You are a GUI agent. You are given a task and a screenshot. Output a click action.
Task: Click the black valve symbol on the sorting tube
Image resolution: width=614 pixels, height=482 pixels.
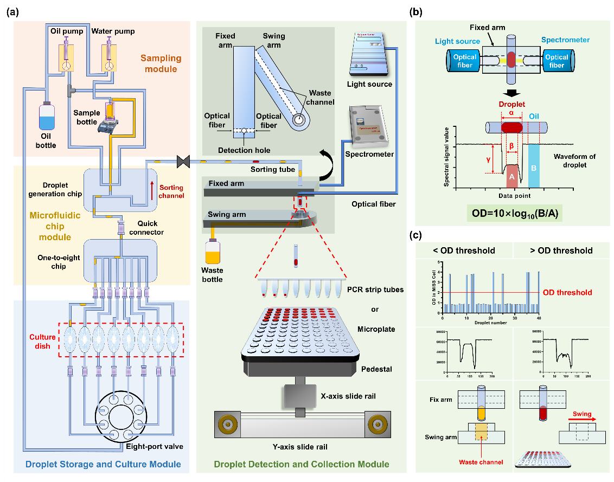182,161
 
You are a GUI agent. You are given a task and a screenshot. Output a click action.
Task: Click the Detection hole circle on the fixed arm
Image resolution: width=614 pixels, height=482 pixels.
245,131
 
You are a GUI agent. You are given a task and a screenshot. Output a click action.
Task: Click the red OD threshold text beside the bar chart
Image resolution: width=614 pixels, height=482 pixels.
568,292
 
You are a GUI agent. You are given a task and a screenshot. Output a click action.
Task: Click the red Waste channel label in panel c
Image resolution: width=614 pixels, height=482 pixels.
481,462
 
